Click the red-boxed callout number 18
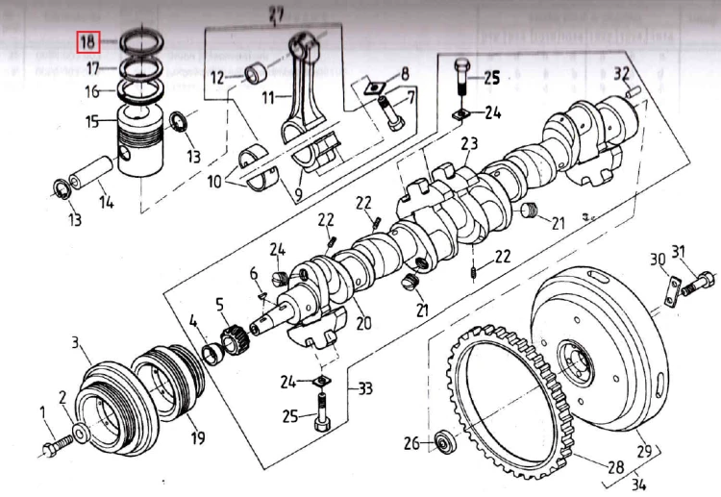coord(87,41)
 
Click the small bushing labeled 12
coord(257,74)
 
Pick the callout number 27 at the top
coord(278,12)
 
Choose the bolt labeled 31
coord(700,283)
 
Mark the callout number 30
coord(657,259)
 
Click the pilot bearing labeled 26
coord(443,442)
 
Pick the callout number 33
coord(364,389)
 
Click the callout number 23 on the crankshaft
coord(468,145)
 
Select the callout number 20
coord(362,324)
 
